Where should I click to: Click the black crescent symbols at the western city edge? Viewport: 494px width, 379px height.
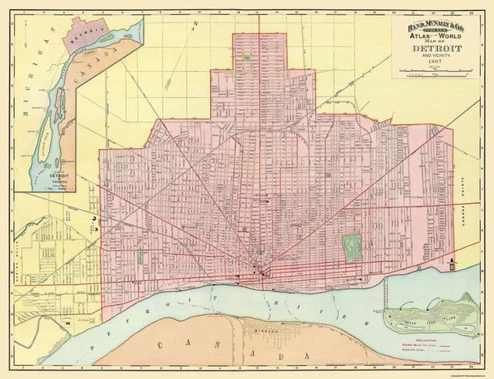tap(93, 222)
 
